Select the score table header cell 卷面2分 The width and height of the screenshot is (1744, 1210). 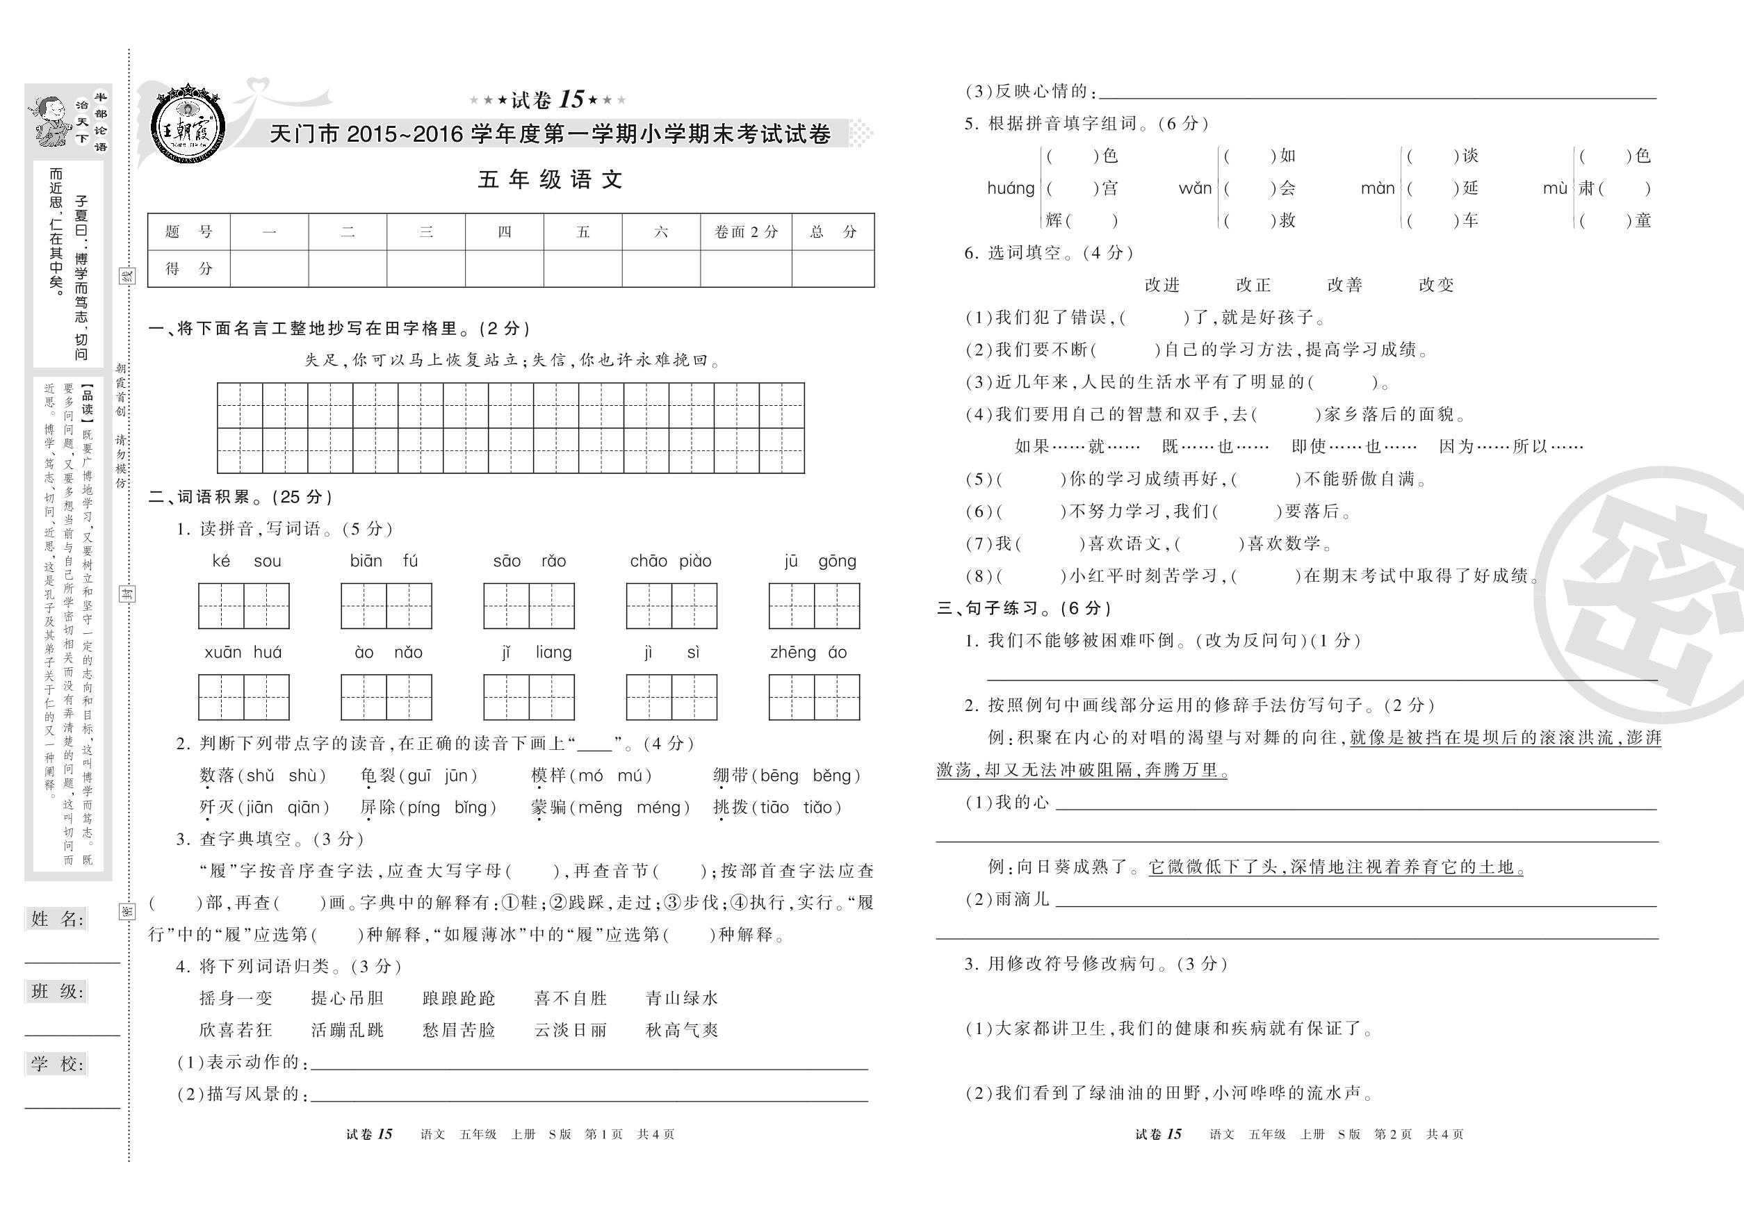coord(745,232)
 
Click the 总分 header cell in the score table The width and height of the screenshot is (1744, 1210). coord(833,232)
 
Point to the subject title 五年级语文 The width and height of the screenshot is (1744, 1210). coord(551,180)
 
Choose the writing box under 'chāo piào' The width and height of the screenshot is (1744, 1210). coord(671,606)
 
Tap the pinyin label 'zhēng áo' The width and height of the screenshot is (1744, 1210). coord(808,652)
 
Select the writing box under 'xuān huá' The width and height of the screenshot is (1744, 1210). coord(243,696)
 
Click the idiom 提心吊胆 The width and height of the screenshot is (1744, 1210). coord(348,998)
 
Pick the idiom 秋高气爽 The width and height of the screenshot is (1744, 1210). coord(682,1029)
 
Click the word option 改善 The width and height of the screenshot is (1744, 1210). coord(1345,285)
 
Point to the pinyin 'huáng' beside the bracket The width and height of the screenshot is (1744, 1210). coord(1011,188)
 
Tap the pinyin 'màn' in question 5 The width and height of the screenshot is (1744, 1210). coord(1378,188)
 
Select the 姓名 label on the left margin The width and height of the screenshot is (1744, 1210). coord(58,919)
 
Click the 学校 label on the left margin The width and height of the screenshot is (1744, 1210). coord(58,1063)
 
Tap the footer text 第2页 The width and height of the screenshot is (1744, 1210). coord(1393,1134)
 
